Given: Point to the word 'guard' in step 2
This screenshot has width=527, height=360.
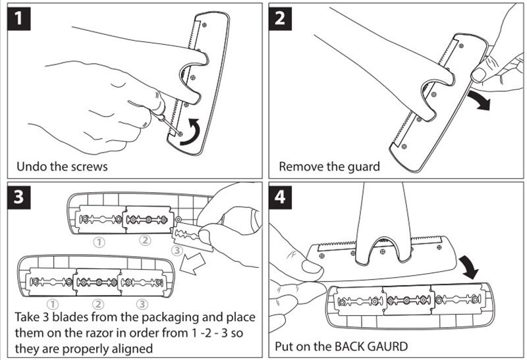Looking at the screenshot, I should coord(363,166).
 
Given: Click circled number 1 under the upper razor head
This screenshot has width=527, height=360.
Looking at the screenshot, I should coord(99,241).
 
